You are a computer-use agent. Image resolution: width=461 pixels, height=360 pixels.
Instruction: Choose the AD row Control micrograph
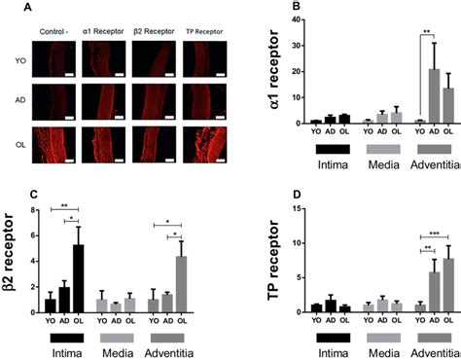pos(56,98)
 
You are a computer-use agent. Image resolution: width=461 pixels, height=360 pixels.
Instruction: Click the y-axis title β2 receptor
pos(11,262)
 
